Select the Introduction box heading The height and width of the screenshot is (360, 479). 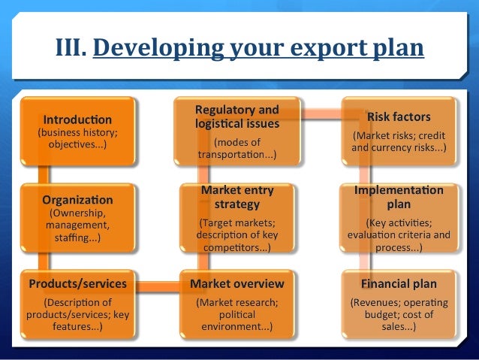(x=77, y=119)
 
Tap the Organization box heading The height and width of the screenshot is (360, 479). (x=77, y=201)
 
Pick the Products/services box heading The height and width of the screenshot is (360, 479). (x=77, y=283)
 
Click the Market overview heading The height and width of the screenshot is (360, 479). (x=236, y=283)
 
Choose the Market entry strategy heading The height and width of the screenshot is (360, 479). (x=236, y=197)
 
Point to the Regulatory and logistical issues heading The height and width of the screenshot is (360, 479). (x=236, y=116)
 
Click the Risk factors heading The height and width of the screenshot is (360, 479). (x=399, y=116)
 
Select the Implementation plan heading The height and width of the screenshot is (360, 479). (x=399, y=197)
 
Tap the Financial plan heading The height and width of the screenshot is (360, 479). (x=399, y=283)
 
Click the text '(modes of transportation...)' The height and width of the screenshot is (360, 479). (x=236, y=148)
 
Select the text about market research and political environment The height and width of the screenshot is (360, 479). (x=236, y=315)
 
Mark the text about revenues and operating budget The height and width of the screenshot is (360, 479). (x=399, y=315)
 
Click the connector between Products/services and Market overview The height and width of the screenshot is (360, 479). (x=157, y=285)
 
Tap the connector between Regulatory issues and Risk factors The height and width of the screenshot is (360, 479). (x=317, y=114)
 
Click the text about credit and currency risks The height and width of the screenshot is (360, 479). (x=399, y=142)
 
